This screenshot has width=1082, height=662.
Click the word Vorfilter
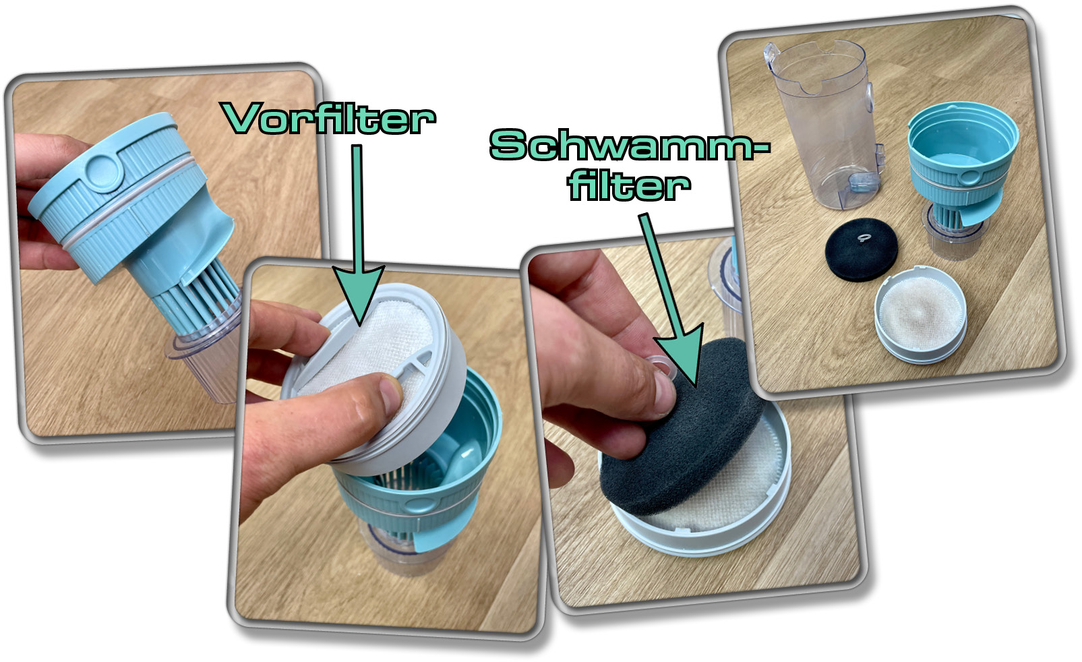coord(330,119)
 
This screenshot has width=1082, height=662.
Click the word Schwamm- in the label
coord(628,145)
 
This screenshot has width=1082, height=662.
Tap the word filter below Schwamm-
coord(628,185)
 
